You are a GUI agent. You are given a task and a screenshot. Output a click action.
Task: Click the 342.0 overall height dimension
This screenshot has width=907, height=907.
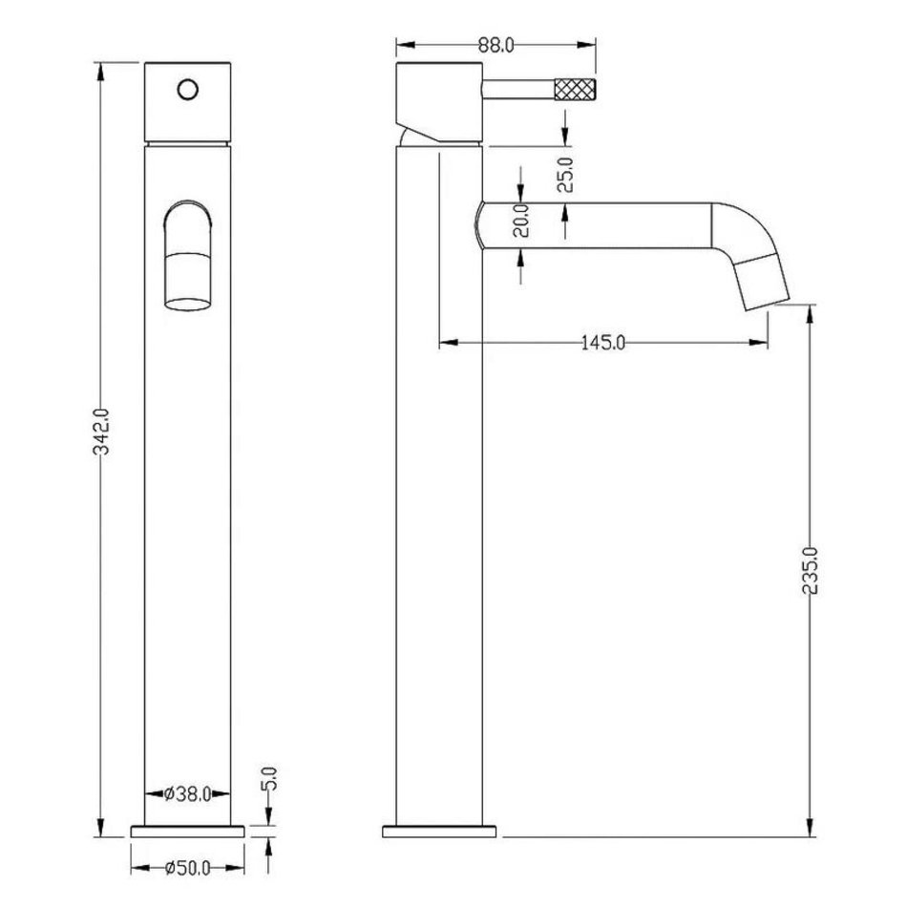click(x=102, y=432)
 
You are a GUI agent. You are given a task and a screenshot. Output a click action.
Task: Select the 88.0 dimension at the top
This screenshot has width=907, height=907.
click(x=496, y=45)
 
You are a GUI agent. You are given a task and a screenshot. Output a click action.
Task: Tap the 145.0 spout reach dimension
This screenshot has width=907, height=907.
click(x=602, y=343)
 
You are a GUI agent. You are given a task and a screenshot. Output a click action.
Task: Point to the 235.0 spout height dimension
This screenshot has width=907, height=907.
click(x=811, y=571)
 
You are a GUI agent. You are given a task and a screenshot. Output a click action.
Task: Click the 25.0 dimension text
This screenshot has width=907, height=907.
click(x=565, y=175)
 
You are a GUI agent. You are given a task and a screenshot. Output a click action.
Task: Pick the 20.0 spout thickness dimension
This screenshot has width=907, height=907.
click(x=521, y=221)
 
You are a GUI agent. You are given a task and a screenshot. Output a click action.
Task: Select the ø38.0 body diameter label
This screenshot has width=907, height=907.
click(x=187, y=794)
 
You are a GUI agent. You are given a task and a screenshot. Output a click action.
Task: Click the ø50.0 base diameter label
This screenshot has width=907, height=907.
click(x=187, y=868)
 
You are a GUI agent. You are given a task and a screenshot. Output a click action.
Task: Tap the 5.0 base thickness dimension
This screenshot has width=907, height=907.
click(x=270, y=778)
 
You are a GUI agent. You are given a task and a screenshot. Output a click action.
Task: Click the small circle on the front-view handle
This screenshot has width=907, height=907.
click(x=188, y=90)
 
